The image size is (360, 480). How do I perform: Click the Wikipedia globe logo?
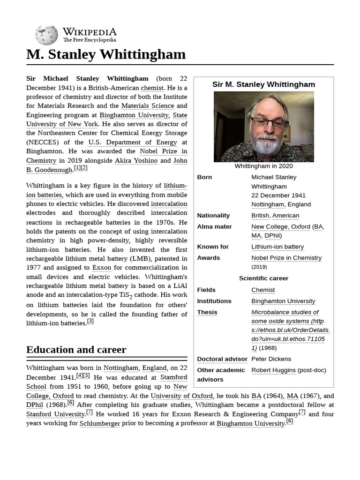46,36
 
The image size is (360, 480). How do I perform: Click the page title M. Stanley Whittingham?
106,54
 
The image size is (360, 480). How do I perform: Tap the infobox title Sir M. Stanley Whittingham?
263,84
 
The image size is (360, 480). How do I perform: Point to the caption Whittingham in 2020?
263,166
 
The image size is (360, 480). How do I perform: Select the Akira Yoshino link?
135,160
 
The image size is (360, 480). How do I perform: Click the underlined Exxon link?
102,268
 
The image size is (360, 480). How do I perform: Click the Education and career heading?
76,350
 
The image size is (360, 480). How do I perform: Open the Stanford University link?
55,414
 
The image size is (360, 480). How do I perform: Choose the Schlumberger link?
100,423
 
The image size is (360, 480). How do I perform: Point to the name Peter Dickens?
271,359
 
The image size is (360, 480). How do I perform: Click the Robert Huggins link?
273,370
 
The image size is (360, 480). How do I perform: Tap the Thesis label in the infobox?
207,312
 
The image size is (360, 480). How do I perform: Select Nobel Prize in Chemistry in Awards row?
286,258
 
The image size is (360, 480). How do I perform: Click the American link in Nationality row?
285,216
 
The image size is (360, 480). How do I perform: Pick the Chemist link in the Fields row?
263,290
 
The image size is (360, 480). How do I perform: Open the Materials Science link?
147,106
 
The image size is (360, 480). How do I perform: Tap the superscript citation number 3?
90,321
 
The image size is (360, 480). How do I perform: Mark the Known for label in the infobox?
213,247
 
